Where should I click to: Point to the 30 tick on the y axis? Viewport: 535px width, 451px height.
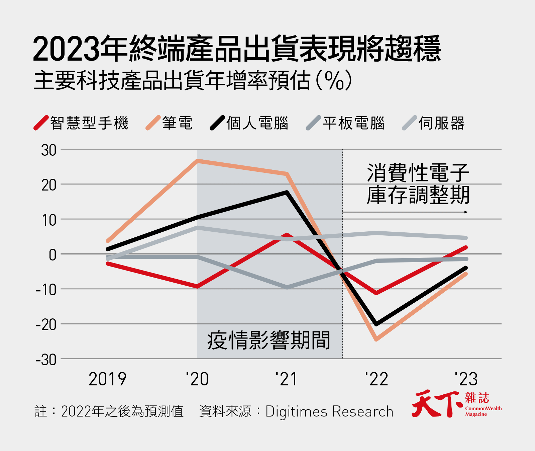click(49, 150)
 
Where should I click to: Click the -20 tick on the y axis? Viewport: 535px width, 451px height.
click(46, 324)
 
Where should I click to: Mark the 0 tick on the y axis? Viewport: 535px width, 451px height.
click(52, 255)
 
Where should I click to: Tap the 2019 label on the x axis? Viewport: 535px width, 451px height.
click(108, 379)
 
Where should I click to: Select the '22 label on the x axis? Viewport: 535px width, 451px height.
click(377, 379)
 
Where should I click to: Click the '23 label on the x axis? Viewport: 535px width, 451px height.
click(466, 379)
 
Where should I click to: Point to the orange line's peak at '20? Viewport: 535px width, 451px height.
click(198, 161)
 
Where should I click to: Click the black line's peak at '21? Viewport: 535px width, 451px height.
click(287, 193)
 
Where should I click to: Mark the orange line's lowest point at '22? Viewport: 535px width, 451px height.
click(377, 339)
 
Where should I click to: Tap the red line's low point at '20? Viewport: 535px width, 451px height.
click(198, 287)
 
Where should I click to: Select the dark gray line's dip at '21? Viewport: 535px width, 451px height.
click(287, 287)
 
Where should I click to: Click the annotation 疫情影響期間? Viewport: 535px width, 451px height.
click(269, 340)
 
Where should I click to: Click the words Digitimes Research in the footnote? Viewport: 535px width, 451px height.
click(329, 411)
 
